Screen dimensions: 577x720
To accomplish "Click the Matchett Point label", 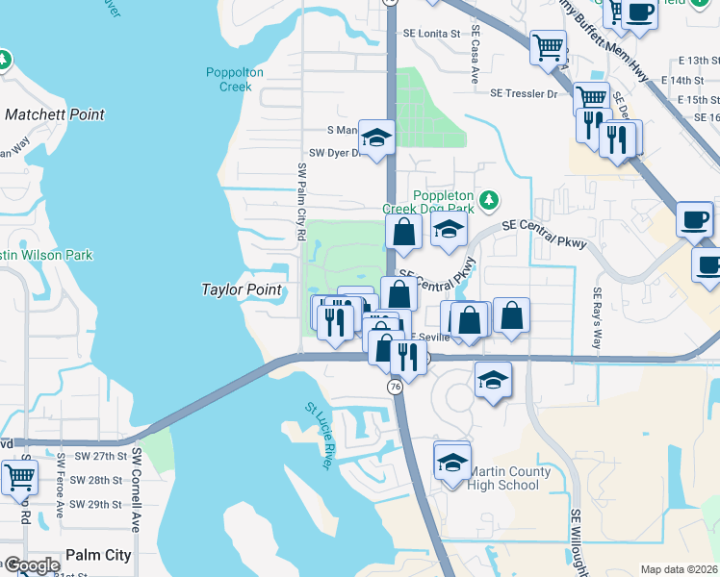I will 54,114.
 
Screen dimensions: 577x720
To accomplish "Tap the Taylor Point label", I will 242,289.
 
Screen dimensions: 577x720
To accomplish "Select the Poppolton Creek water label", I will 229,79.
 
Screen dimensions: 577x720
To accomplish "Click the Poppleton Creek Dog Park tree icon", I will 490,199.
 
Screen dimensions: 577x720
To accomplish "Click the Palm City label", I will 98,555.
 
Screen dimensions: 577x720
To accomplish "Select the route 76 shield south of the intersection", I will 395,386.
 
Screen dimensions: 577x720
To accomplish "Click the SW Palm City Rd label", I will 301,201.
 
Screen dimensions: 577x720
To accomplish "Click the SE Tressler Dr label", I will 524,94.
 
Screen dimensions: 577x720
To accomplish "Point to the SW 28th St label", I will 100,480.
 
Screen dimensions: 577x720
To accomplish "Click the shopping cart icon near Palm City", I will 18,476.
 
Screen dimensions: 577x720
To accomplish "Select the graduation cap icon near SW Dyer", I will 377,138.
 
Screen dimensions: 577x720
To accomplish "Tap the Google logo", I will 32,565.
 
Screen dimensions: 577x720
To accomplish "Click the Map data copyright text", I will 679,569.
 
